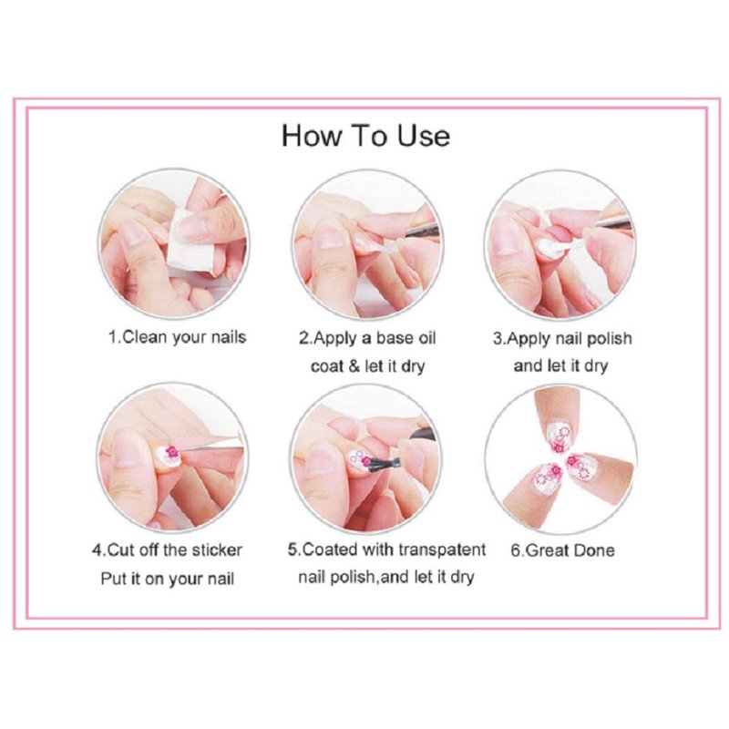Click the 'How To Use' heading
(x=365, y=136)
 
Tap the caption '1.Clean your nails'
(x=177, y=337)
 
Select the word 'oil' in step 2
(x=426, y=337)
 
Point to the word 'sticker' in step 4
(x=217, y=550)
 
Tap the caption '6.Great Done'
(x=562, y=550)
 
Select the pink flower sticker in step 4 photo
(x=172, y=450)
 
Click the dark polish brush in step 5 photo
(x=380, y=462)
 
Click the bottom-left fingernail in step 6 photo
(x=549, y=477)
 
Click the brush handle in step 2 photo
(x=421, y=231)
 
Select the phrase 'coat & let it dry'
(x=367, y=366)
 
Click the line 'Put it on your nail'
(x=168, y=579)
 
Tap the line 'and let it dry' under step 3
(x=560, y=366)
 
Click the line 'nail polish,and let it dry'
(x=385, y=578)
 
